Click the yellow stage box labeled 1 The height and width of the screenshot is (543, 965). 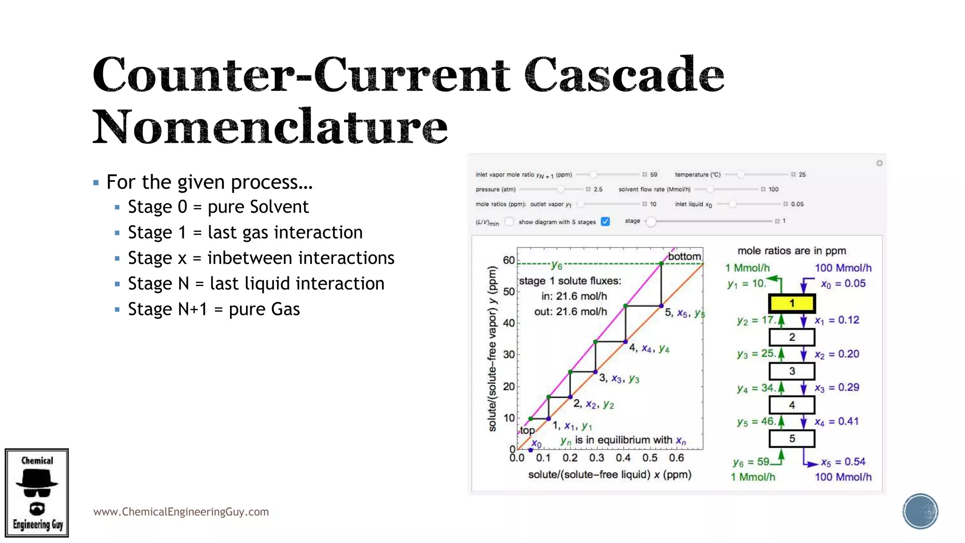[792, 303]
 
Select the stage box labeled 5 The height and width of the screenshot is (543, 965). [792, 438]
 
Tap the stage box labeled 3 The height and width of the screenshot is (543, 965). [792, 371]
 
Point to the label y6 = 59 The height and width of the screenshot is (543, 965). [751, 462]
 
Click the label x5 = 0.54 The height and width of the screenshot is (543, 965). [843, 462]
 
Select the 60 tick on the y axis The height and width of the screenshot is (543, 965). [509, 260]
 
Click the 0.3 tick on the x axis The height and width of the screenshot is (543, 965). [597, 458]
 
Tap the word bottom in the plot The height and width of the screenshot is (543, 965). [684, 256]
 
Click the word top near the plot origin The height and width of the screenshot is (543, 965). [527, 430]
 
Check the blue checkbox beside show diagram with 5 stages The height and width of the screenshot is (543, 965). [605, 222]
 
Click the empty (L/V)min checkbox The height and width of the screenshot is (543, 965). [509, 222]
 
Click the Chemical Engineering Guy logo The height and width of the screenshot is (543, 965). [37, 493]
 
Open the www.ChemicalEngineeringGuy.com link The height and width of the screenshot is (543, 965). [181, 512]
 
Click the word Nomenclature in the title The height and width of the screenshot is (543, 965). [270, 126]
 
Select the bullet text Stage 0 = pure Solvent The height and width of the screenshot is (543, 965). [218, 207]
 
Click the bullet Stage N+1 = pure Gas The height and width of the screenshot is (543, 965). [213, 309]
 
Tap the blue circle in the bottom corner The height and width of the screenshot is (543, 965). [920, 511]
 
